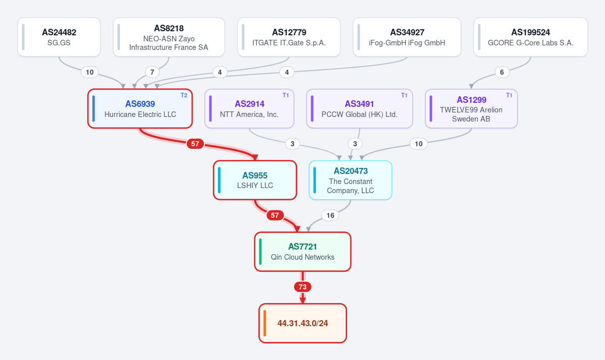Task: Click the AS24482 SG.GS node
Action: point(59,37)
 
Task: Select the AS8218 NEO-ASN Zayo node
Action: point(169,37)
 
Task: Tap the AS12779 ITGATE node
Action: point(289,37)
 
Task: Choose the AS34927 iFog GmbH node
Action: point(407,37)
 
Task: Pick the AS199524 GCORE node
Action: point(530,37)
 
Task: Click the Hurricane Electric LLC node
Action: point(140,109)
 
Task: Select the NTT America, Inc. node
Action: point(249,109)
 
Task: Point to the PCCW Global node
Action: point(360,109)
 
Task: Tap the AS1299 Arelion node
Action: point(471,109)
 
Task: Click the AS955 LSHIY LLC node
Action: point(255,180)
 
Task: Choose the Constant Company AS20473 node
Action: point(350,180)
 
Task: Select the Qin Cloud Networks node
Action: point(303,252)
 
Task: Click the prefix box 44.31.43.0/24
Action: point(303,323)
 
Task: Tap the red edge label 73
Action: point(303,287)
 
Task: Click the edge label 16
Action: point(331,215)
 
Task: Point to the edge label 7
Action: point(152,72)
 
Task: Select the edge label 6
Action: point(502,72)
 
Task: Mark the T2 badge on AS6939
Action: point(184,95)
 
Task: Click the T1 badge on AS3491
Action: point(404,95)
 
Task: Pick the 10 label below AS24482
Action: point(89,72)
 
